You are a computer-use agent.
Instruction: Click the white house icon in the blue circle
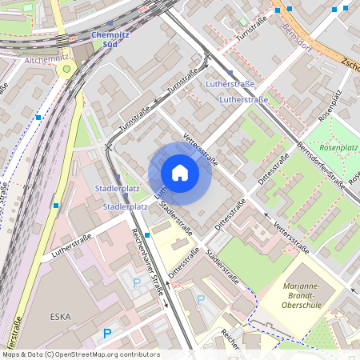point(180,172)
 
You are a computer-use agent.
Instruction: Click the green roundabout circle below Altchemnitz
point(66,70)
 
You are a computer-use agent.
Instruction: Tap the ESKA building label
point(60,317)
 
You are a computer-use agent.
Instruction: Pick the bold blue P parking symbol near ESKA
point(106,333)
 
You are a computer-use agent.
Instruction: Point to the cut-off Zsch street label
point(350,62)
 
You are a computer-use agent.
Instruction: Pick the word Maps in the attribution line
point(11,354)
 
